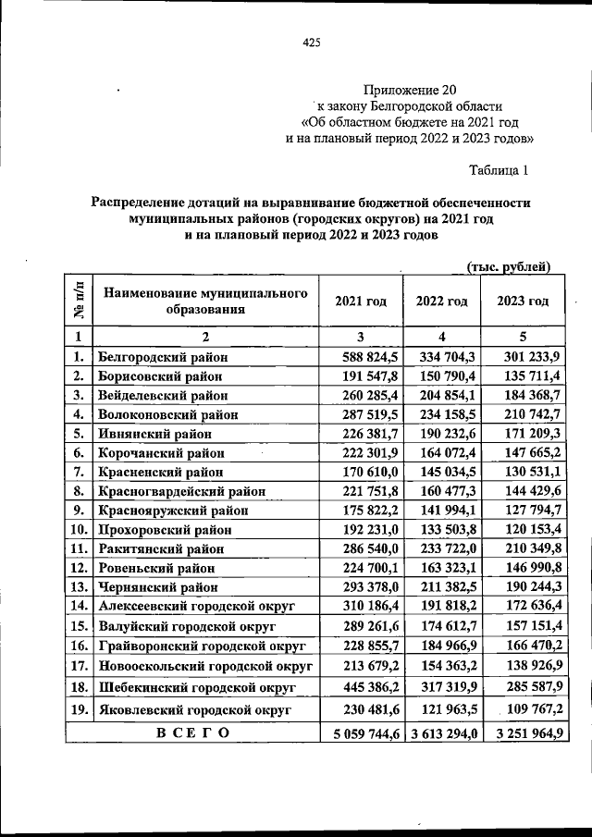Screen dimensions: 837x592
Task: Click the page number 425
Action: (311, 42)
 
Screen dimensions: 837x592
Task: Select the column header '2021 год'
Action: (361, 302)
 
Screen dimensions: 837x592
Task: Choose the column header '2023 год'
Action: (523, 302)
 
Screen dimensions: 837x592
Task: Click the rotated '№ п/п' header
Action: (79, 301)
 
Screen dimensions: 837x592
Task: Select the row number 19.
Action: (79, 709)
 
